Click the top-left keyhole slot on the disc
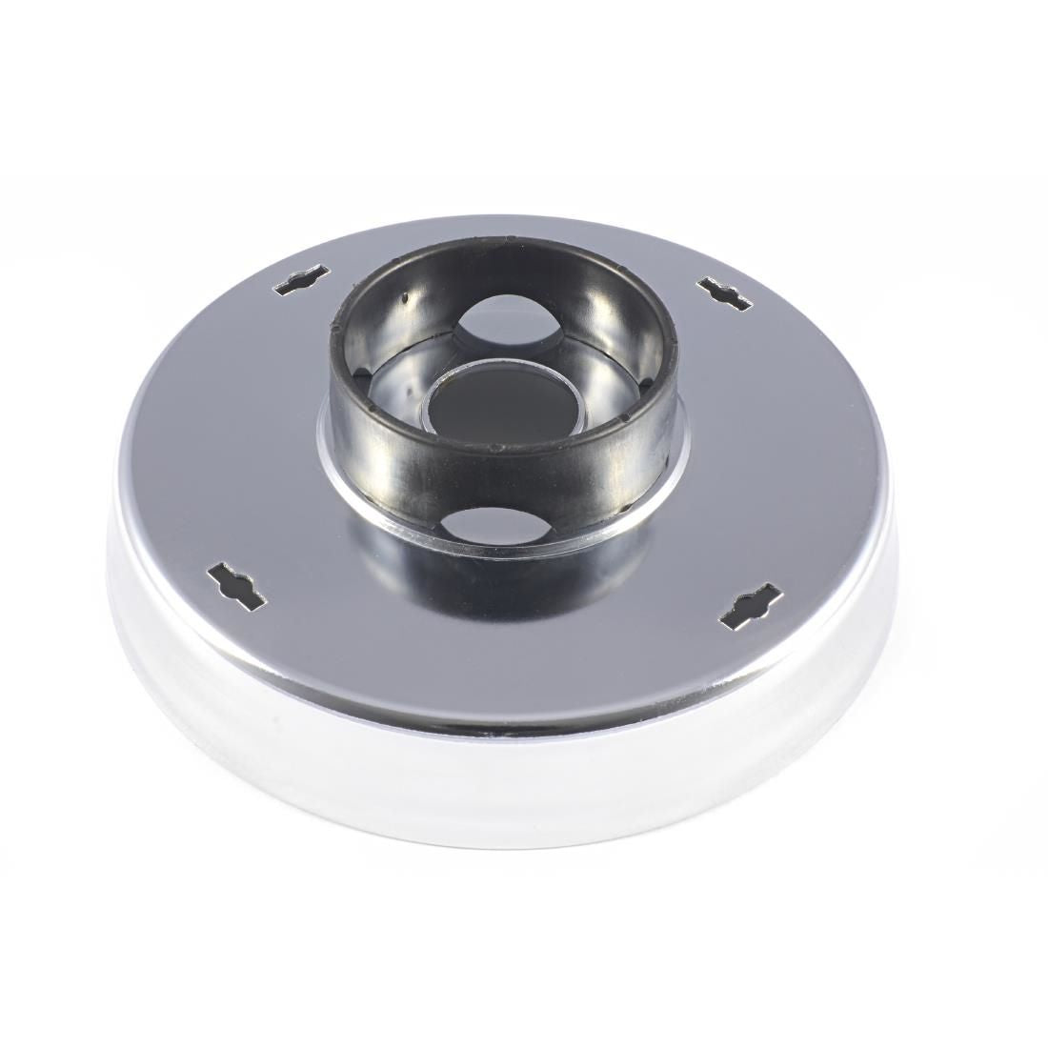[305, 284]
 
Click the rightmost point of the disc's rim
[897, 572]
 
